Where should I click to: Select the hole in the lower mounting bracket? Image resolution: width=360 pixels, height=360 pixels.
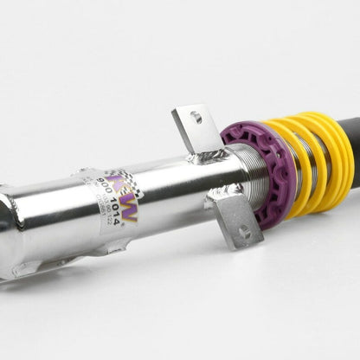tap(244, 230)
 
